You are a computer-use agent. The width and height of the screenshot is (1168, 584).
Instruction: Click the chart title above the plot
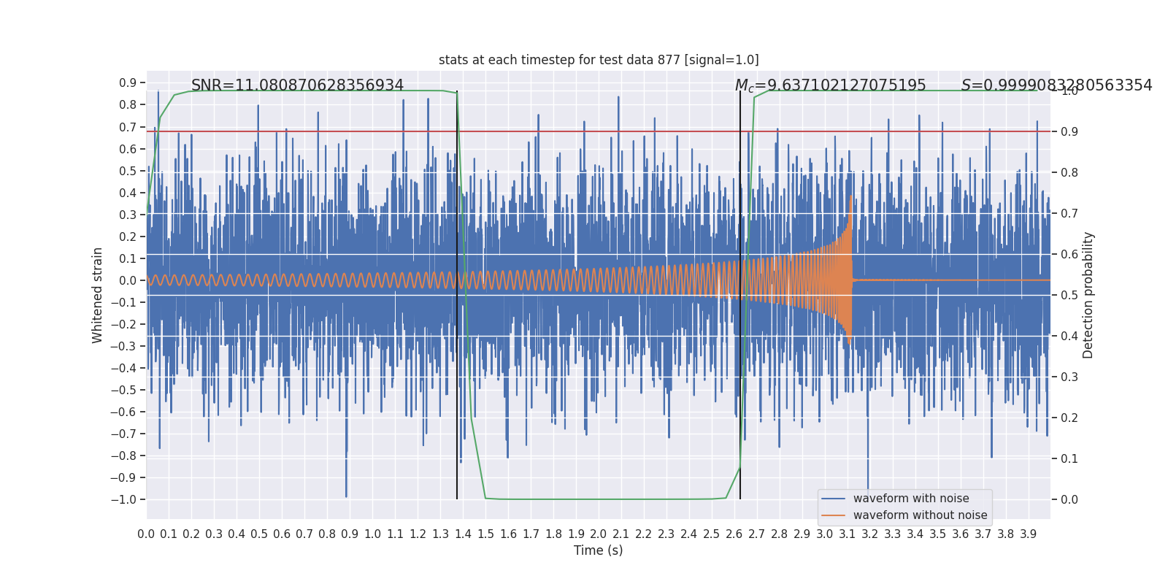pos(599,60)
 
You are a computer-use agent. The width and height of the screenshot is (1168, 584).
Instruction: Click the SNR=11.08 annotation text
pos(297,85)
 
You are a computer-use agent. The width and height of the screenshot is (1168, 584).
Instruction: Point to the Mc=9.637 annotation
pos(830,85)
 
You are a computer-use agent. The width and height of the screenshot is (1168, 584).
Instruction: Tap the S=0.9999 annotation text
pos(1056,85)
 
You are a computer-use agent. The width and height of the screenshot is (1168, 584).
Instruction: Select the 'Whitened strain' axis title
pos(98,295)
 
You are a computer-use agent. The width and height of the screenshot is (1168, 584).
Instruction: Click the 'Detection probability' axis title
pos(1088,295)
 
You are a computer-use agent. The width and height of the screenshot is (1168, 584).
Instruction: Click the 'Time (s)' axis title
pos(598,550)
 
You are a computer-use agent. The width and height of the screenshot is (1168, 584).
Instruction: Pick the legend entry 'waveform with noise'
pos(910,499)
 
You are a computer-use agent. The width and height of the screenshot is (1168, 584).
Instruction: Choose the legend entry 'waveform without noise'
pos(920,515)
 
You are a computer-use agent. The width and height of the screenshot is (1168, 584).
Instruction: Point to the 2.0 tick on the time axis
pos(599,534)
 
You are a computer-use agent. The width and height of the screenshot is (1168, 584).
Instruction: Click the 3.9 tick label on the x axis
pos(1028,534)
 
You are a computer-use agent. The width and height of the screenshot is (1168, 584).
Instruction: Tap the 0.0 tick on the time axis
pos(146,534)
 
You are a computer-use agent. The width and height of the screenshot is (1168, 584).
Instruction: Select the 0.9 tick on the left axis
pos(128,83)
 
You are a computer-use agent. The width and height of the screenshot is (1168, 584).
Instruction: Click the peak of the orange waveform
pos(850,197)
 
